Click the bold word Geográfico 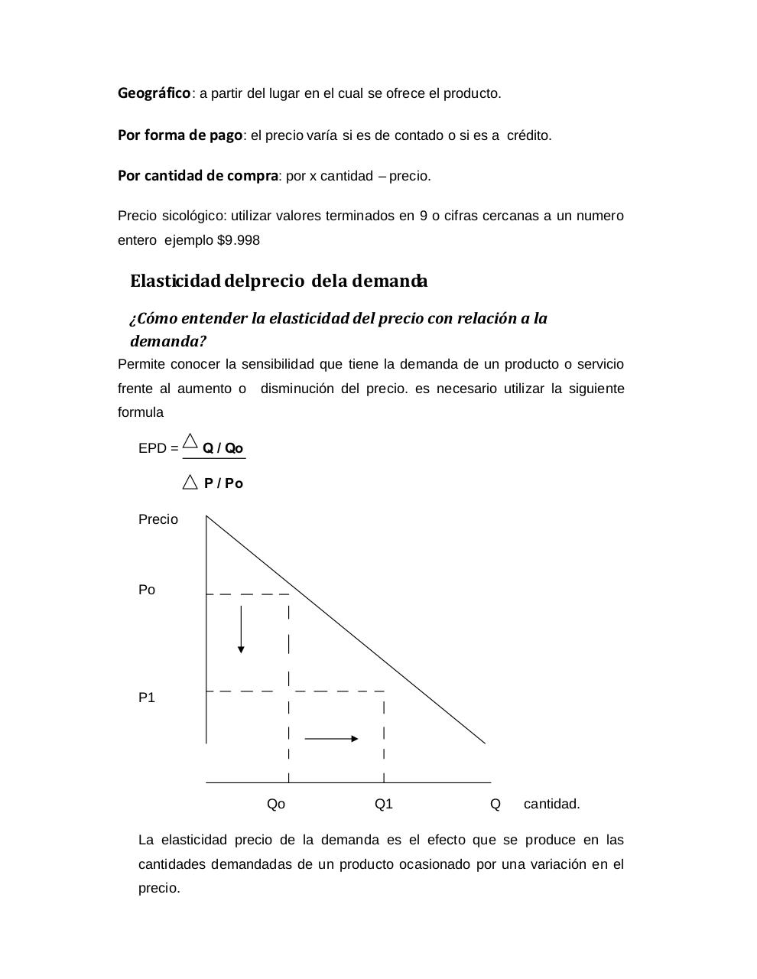coord(154,93)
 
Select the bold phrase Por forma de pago coord(180,135)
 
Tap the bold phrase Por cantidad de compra coord(197,176)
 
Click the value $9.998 coord(239,240)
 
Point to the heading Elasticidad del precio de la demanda coord(278,281)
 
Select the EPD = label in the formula coord(158,448)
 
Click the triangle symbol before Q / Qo coord(190,442)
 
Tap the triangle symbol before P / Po coord(190,482)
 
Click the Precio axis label coord(158,519)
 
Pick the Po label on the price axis coord(147,590)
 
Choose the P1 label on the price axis coord(147,698)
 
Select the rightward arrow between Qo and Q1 coord(331,738)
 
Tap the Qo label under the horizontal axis coord(276,804)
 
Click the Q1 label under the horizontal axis coord(384,804)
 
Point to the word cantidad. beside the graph coord(551,804)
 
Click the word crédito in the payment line coord(528,135)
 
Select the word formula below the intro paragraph coord(140,412)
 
